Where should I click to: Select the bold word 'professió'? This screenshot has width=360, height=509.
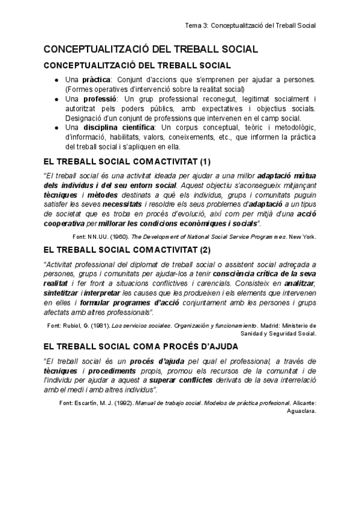coord(100,99)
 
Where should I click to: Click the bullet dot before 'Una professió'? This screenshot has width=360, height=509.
coord(56,99)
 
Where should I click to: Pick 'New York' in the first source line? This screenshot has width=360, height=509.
coord(302,236)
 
